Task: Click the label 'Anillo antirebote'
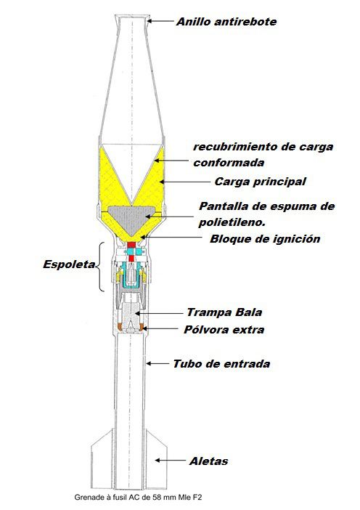point(226,22)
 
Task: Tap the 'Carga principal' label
point(260,182)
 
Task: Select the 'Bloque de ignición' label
point(265,239)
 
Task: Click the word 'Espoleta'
point(69,264)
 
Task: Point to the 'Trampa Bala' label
point(224,312)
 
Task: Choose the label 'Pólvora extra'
point(224,330)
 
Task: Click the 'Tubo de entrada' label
point(221,364)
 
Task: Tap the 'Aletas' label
point(208,461)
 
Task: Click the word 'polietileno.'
point(232,222)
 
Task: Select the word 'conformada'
point(229,162)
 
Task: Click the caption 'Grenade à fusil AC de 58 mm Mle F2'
point(138,498)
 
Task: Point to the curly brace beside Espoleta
point(100,267)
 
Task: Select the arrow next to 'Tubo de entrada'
point(157,363)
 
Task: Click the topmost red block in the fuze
point(131,245)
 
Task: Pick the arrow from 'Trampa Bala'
point(159,313)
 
